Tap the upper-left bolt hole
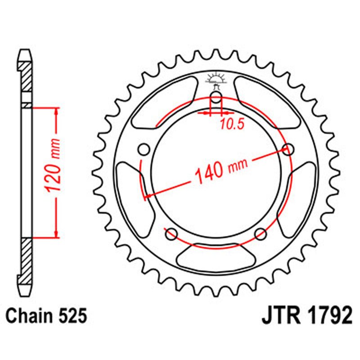[144, 149]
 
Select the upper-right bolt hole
[288, 149]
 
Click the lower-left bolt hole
[171, 234]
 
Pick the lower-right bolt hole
[261, 234]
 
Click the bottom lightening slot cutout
[216, 257]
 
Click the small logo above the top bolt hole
[216, 80]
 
